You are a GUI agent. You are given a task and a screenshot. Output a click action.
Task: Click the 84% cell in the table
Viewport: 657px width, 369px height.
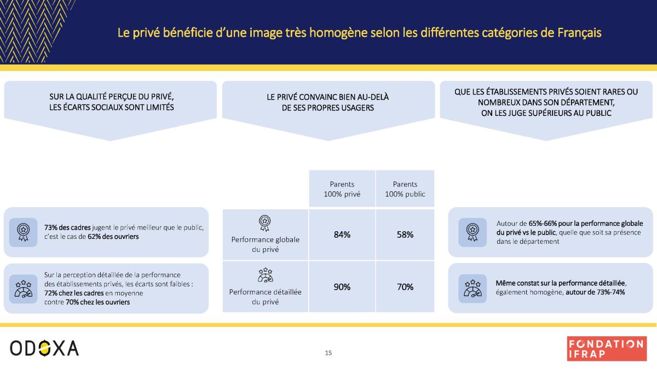click(342, 235)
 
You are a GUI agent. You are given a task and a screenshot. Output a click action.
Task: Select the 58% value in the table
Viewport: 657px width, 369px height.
click(405, 235)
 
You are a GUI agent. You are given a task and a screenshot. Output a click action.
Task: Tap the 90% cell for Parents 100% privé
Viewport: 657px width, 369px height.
click(342, 287)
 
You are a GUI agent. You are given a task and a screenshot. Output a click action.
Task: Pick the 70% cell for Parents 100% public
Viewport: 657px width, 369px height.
click(405, 287)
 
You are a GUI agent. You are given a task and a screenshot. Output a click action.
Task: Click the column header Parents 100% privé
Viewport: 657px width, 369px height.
click(342, 189)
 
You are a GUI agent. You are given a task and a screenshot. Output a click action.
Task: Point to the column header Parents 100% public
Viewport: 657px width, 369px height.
click(405, 189)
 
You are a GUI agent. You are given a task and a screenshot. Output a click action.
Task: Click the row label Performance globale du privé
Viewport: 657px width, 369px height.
click(265, 244)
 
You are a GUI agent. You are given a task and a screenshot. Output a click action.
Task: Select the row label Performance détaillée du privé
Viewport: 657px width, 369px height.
click(265, 297)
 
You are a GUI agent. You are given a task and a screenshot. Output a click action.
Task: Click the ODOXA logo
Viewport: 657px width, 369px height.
click(44, 348)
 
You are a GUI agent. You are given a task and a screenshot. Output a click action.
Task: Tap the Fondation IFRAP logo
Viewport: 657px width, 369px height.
click(607, 349)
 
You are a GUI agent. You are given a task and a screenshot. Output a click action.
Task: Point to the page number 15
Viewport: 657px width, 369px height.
click(328, 353)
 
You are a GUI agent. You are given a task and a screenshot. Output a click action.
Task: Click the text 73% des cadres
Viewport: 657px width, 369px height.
click(67, 227)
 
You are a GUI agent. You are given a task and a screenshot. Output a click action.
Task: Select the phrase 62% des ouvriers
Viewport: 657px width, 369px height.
click(113, 237)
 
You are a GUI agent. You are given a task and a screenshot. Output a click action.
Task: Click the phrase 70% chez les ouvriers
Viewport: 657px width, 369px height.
click(97, 302)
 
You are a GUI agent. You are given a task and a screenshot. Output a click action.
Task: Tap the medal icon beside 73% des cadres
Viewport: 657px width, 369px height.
click(23, 232)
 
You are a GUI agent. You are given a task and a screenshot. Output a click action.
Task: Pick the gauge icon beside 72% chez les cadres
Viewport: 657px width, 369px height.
click(23, 289)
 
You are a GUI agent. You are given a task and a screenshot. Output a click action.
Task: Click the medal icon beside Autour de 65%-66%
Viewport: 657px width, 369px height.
click(472, 232)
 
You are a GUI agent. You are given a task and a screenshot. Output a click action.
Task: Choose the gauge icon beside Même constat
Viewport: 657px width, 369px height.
click(472, 289)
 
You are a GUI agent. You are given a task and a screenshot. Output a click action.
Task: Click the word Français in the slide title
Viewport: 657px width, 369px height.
click(579, 33)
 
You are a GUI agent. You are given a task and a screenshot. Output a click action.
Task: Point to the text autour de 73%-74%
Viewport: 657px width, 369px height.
click(595, 292)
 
